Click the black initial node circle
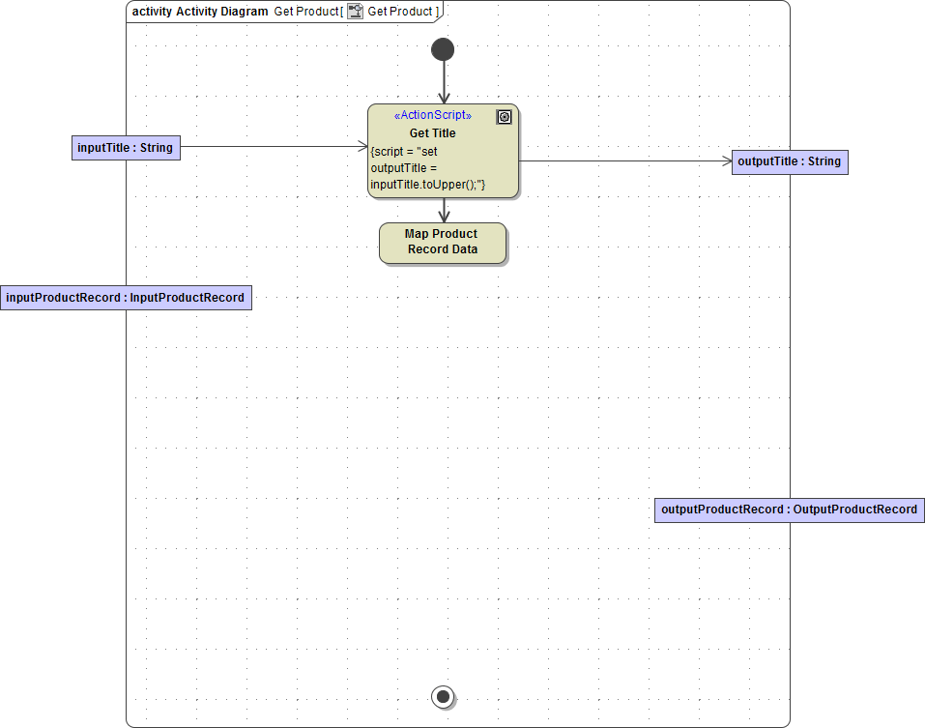(443, 49)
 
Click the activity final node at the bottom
(443, 696)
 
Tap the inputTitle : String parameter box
(127, 148)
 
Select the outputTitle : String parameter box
(790, 161)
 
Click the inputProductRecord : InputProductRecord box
(126, 298)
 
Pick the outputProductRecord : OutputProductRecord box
(789, 510)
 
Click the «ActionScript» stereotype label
(433, 115)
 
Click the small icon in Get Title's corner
(504, 117)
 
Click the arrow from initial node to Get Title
(444, 82)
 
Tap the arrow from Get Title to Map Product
(444, 211)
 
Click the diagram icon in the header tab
(356, 12)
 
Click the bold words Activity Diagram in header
(222, 12)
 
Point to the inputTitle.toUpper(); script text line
(427, 185)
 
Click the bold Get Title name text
(433, 133)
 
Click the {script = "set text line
(404, 151)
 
